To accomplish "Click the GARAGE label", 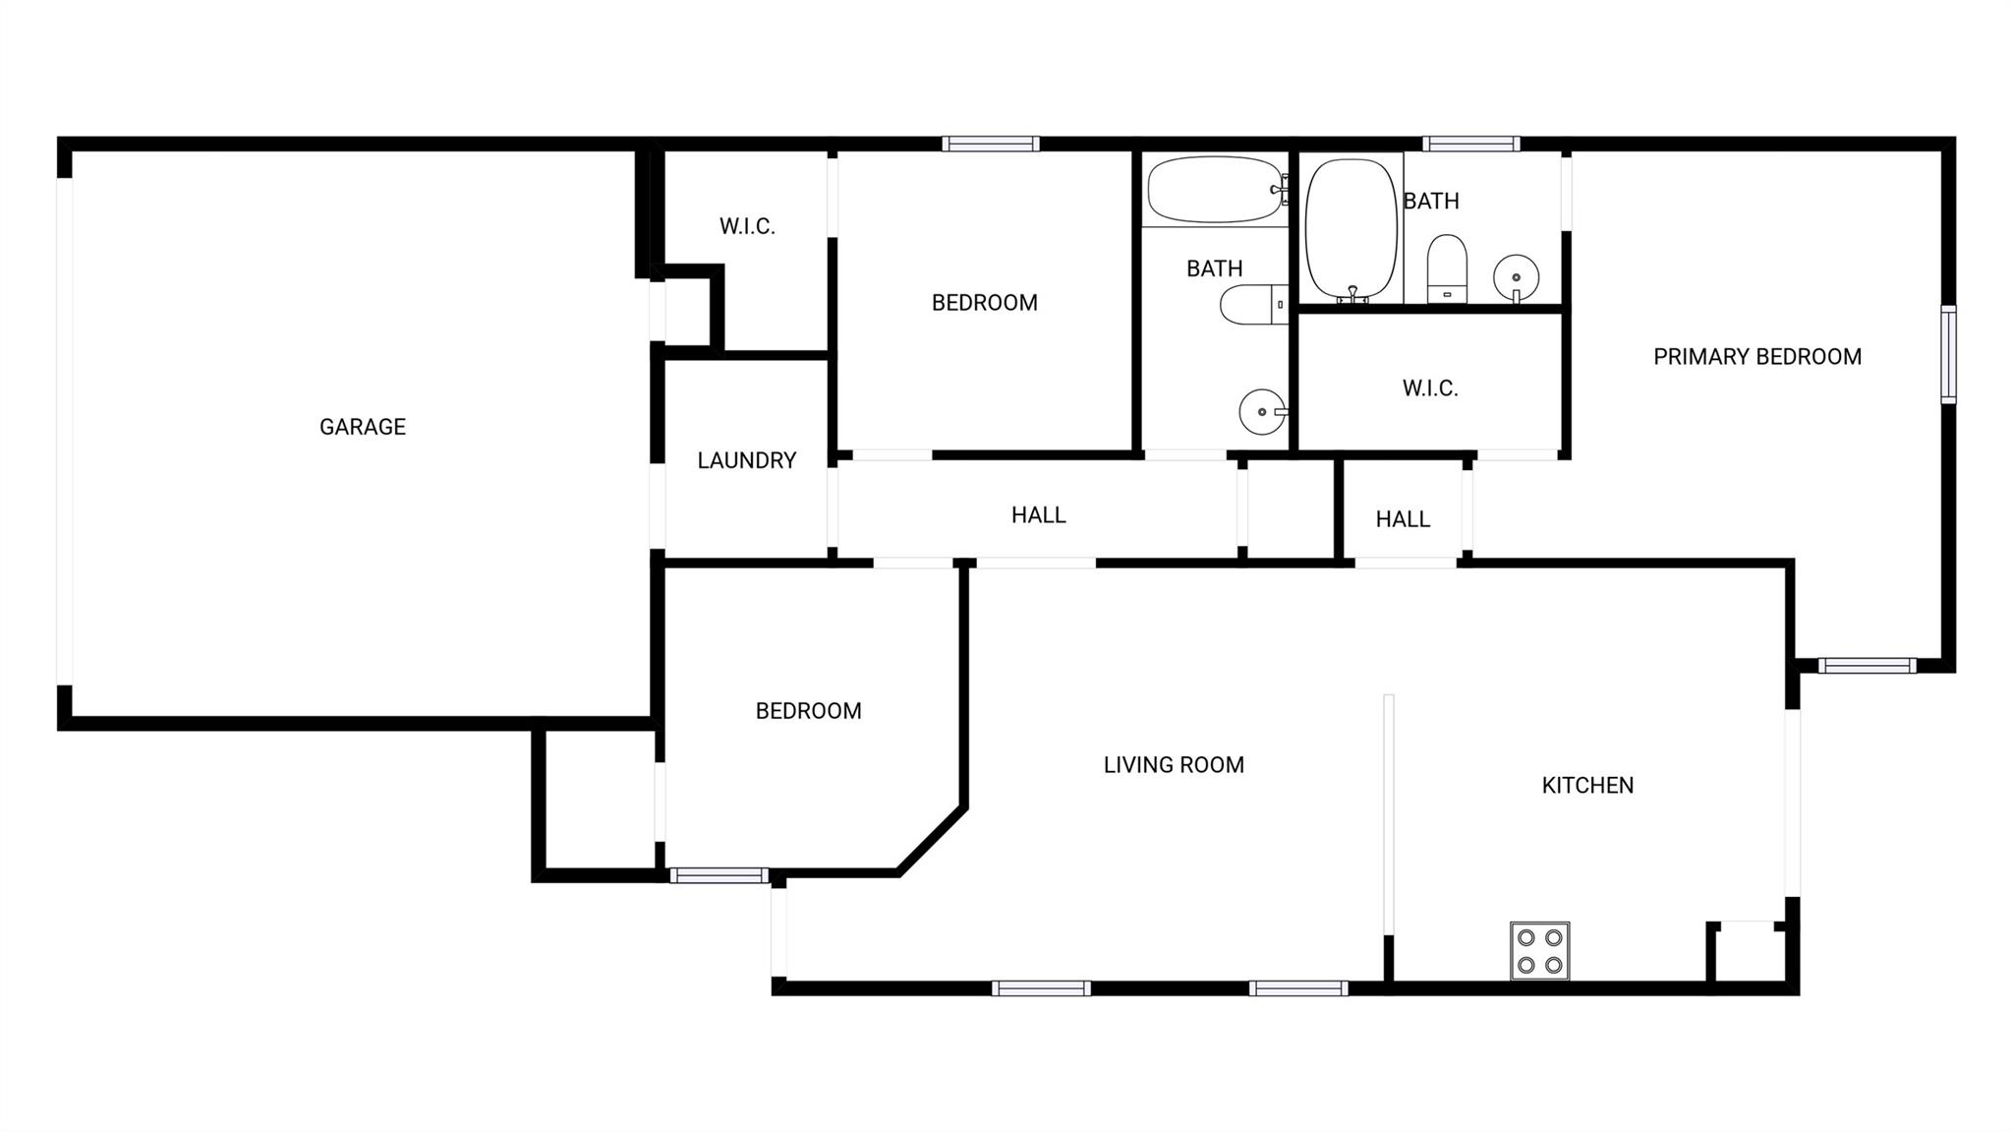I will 362,427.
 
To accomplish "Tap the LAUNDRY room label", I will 746,460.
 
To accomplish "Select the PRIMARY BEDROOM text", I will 1756,357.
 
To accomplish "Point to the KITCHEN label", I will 1587,785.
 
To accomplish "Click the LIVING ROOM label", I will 1174,764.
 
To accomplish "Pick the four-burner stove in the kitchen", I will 1539,951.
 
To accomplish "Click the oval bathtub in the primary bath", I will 1352,229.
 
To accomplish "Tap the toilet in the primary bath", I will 1447,268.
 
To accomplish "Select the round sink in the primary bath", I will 1516,276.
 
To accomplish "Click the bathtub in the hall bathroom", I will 1216,189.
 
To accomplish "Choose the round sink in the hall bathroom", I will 1262,411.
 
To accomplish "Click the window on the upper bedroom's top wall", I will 990,144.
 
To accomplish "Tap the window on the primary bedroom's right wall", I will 1947,354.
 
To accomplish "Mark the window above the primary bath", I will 1470,144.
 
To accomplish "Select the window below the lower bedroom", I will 719,875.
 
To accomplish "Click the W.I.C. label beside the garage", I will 747,226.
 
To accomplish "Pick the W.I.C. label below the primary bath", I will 1429,388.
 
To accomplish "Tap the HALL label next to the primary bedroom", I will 1403,519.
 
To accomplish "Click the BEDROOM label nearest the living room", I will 808,711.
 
